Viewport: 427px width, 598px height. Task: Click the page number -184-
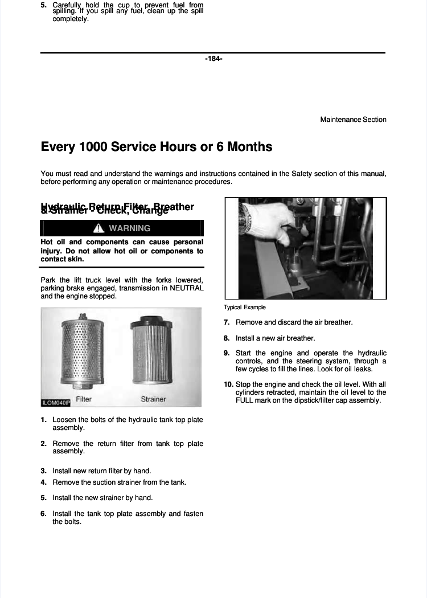click(x=213, y=59)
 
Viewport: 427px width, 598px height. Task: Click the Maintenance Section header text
click(x=353, y=120)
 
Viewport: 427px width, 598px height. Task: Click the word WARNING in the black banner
click(x=130, y=228)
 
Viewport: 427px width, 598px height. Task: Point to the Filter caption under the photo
click(x=84, y=399)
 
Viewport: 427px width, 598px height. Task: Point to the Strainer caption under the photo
click(x=153, y=399)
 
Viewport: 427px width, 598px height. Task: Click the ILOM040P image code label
click(x=55, y=403)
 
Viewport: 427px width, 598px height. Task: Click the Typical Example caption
click(x=245, y=308)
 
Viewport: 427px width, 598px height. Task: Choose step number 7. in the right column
click(x=227, y=322)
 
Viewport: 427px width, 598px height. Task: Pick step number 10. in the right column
click(x=229, y=384)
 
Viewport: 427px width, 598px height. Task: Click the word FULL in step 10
click(x=245, y=400)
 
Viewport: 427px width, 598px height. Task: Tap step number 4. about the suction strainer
click(x=43, y=482)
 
